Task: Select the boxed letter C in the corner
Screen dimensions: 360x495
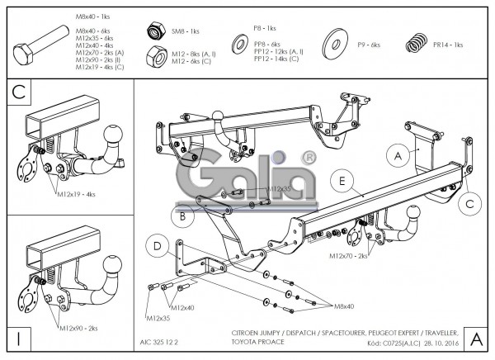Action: [19, 93]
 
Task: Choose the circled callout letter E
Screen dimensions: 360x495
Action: [338, 179]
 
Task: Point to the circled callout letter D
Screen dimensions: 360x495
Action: [157, 244]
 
